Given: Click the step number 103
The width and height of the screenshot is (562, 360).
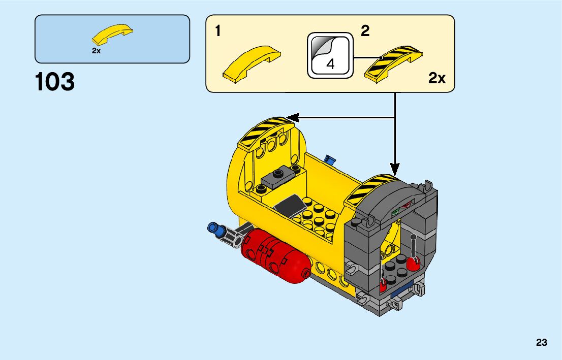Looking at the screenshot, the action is point(55,82).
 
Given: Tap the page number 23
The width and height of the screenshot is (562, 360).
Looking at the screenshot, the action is point(541,343).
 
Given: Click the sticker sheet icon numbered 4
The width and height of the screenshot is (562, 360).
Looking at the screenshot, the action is point(330,56).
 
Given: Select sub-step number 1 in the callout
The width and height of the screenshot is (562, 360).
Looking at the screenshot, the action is point(218,31).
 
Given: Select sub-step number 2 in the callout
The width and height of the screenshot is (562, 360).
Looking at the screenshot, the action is point(365,31).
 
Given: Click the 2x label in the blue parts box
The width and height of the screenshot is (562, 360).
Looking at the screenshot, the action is point(96,51).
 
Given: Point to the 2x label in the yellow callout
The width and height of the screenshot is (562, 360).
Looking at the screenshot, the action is point(436,78).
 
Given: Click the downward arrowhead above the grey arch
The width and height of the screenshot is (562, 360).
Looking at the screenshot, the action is point(395,168).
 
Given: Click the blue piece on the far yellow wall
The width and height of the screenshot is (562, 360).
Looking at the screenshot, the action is point(330,160).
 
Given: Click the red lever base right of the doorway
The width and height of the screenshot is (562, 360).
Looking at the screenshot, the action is point(412,263).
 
